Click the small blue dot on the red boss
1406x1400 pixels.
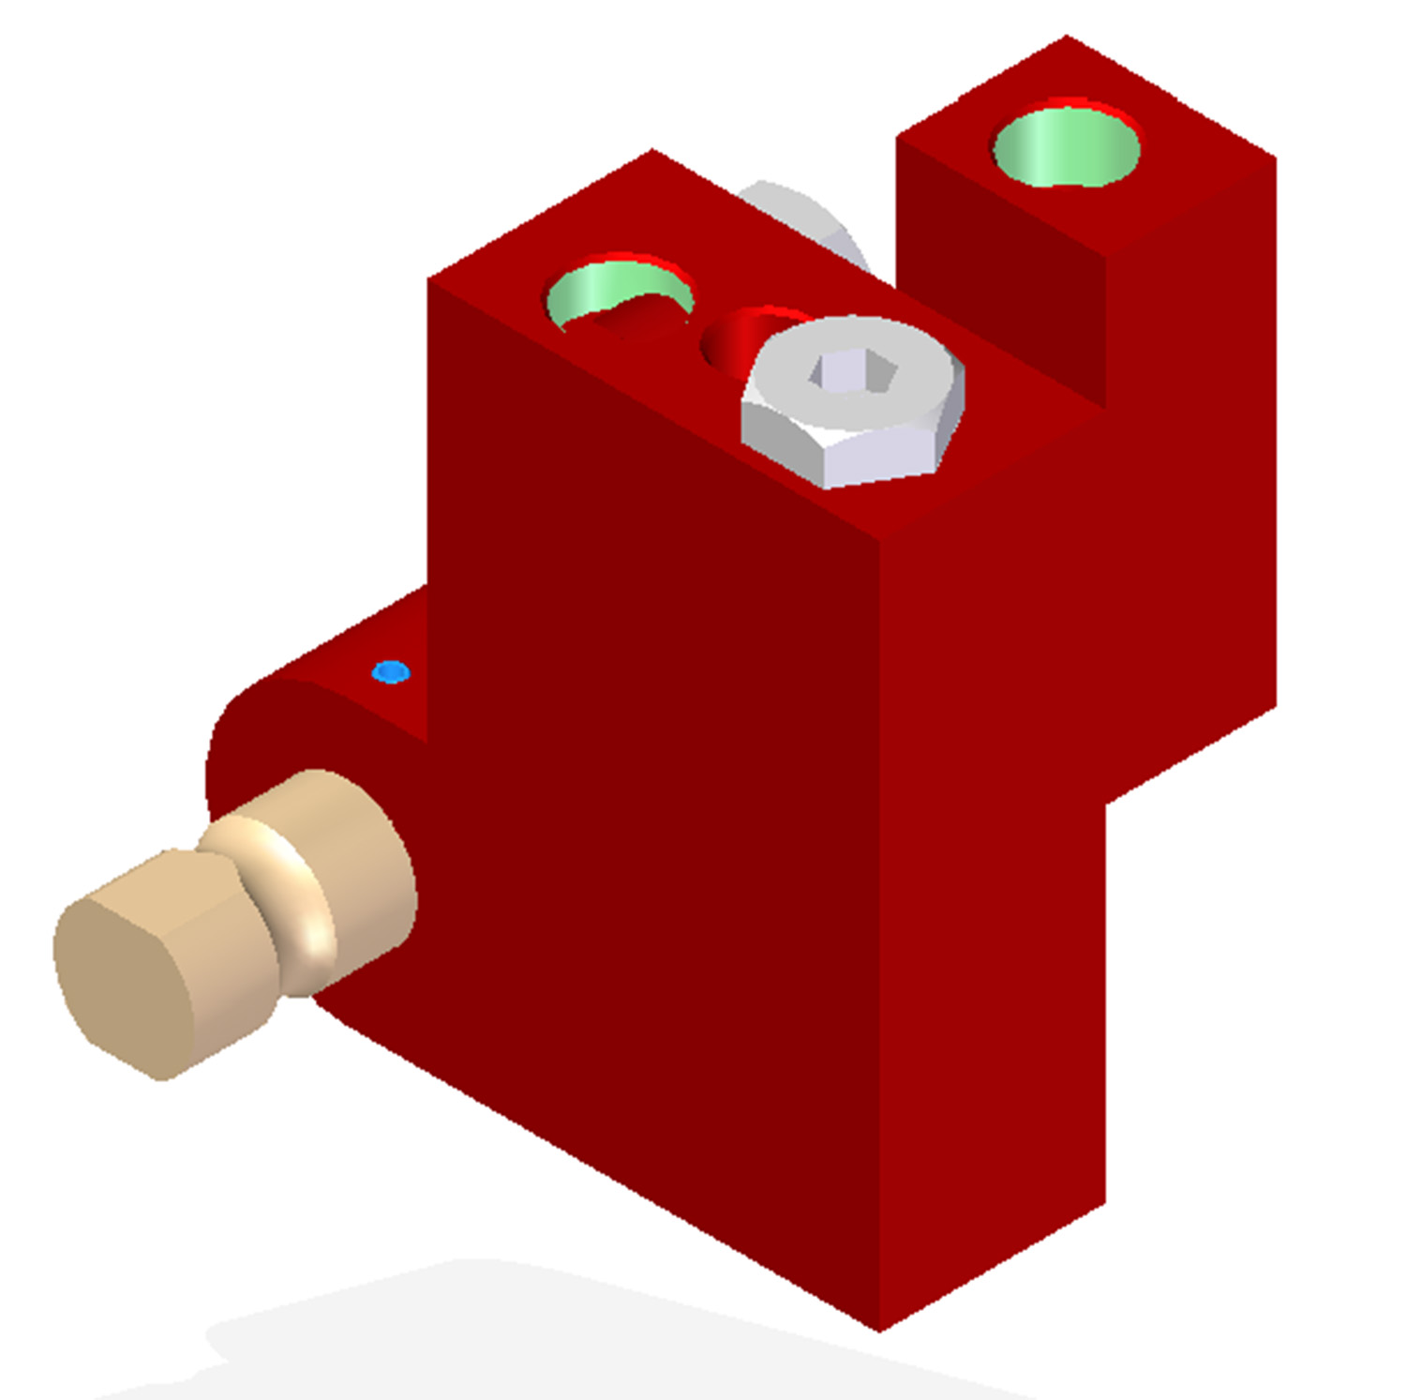(x=390, y=672)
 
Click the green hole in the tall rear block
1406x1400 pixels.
(x=1066, y=147)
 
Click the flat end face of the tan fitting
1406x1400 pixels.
(x=122, y=975)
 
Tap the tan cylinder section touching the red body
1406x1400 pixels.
(x=366, y=863)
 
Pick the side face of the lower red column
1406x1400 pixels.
(x=994, y=1031)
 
